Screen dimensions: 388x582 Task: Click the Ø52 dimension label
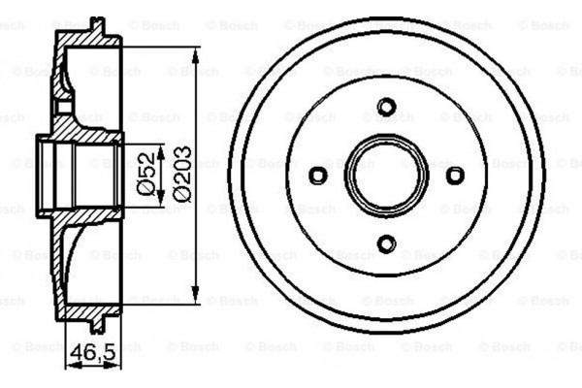pos(147,175)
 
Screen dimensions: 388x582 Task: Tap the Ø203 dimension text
pos(182,175)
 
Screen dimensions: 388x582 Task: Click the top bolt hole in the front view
pos(387,107)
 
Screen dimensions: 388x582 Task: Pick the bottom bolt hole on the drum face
pos(387,243)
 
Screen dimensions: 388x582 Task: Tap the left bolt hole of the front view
pos(318,176)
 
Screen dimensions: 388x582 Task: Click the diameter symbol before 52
pos(147,193)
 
